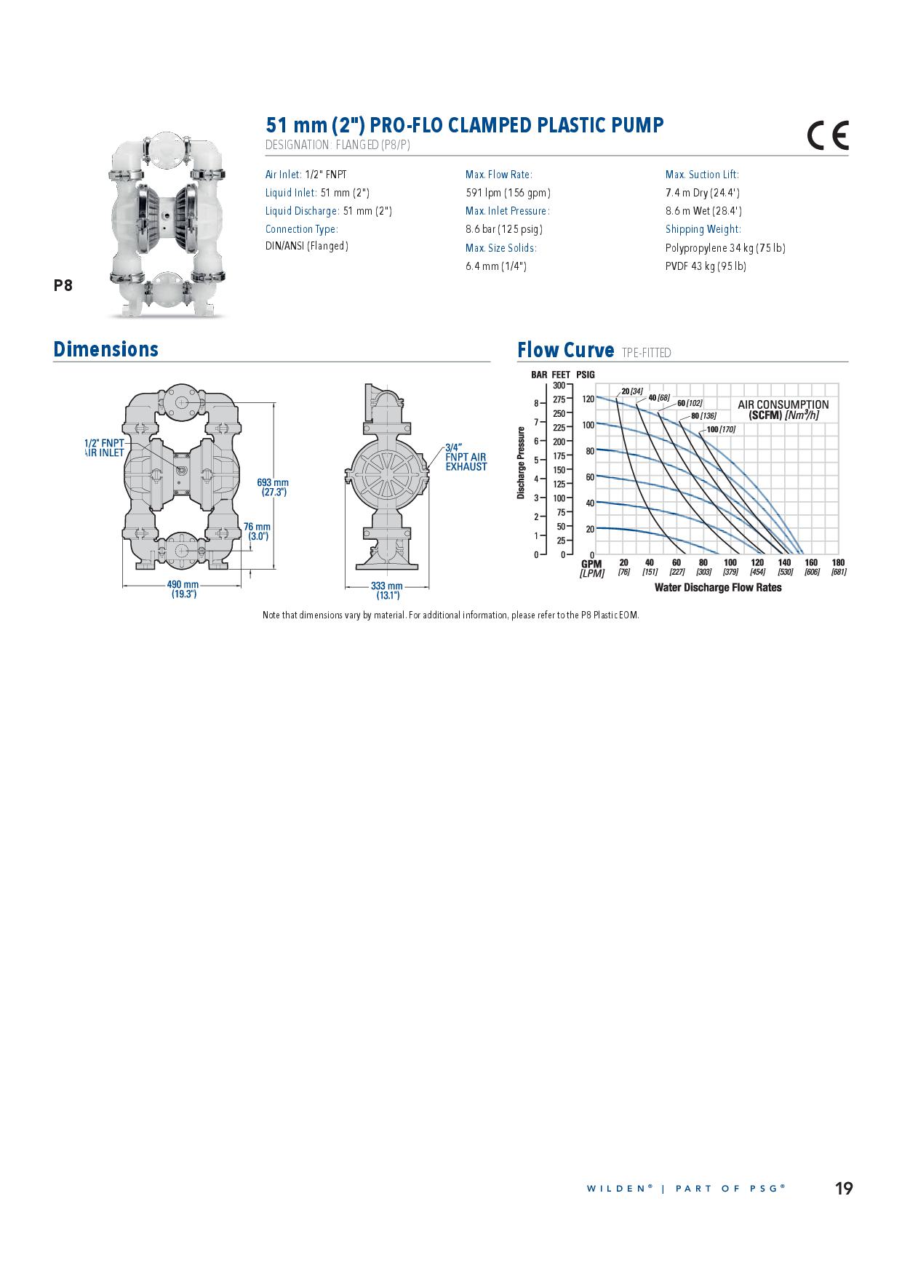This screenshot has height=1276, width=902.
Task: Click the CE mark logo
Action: click(828, 135)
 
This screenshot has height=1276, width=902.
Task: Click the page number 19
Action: click(843, 1189)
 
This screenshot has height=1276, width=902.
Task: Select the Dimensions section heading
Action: click(106, 349)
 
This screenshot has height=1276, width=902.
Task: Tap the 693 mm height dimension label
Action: click(273, 487)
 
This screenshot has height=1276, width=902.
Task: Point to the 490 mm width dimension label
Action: click(183, 589)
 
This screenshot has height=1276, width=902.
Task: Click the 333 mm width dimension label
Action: click(387, 590)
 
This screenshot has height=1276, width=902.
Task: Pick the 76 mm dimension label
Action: click(258, 531)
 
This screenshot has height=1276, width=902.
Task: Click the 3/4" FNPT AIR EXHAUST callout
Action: click(466, 457)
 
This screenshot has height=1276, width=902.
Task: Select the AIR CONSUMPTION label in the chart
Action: click(783, 410)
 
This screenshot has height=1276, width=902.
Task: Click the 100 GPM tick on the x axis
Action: click(730, 562)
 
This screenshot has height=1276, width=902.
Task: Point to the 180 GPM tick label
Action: click(838, 562)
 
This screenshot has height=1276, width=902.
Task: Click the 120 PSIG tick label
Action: click(588, 399)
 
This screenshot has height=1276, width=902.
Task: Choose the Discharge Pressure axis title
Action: click(521, 463)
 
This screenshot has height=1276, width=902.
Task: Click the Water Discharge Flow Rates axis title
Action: click(717, 588)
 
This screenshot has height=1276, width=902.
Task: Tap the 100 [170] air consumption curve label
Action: click(721, 429)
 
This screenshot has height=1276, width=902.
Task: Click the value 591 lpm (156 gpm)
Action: click(508, 193)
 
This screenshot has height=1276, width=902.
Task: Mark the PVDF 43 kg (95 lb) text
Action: click(706, 266)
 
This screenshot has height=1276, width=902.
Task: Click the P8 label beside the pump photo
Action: click(63, 285)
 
